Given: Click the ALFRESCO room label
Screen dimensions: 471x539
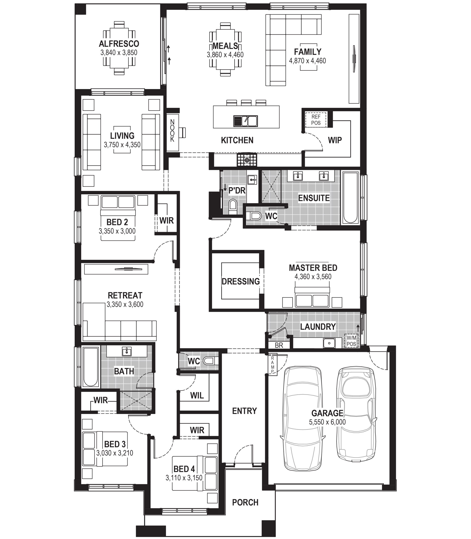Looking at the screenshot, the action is point(119,44).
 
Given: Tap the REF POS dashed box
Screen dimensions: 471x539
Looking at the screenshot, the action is point(316,120).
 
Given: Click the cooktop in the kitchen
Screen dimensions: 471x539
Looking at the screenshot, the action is point(247,160).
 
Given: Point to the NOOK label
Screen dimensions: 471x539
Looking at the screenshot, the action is point(172,131).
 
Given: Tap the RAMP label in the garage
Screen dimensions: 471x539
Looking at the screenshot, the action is point(273,365).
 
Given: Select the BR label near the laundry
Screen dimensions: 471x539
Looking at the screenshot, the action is point(279,345).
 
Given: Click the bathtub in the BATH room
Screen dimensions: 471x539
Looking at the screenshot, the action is point(90,367).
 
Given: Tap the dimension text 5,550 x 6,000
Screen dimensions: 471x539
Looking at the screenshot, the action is point(327,422).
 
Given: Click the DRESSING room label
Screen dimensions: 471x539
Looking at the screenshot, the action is point(241,281).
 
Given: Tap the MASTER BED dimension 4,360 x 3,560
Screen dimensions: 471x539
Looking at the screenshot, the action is point(313,277).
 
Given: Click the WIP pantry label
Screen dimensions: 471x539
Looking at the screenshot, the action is point(335,140).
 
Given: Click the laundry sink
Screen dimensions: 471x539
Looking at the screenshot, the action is point(329,343).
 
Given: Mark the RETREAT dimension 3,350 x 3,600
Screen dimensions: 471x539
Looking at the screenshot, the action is point(125,304).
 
